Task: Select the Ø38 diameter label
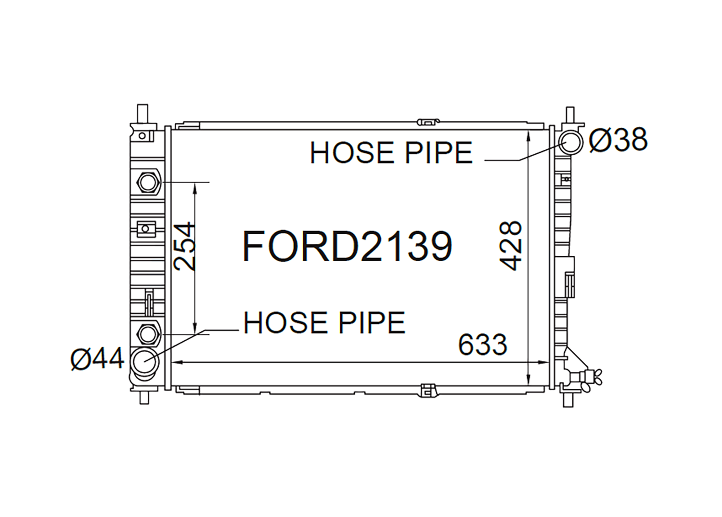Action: click(x=618, y=140)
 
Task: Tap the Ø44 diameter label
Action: click(x=97, y=359)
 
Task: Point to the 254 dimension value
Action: click(x=184, y=246)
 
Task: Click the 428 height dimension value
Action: click(x=510, y=245)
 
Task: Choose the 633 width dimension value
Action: click(x=482, y=345)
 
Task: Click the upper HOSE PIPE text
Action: click(x=391, y=153)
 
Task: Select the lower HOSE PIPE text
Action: click(x=324, y=322)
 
